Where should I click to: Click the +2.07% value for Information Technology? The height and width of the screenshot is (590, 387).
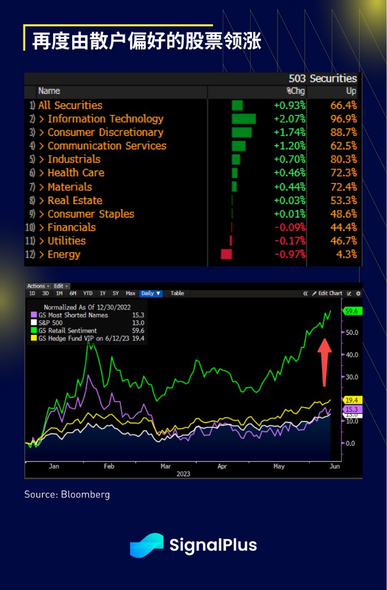(289, 119)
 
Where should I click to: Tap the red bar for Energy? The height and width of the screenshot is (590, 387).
(226, 254)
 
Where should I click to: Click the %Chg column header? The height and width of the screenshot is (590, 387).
(296, 91)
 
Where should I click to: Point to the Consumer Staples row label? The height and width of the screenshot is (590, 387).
(91, 214)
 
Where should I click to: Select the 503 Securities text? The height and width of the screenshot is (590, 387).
(323, 79)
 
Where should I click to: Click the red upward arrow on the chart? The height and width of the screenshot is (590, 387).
(324, 362)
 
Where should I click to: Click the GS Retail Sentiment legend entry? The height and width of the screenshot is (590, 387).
(67, 330)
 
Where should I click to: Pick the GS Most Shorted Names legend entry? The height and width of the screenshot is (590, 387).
(72, 315)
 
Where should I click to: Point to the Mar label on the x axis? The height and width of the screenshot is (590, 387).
(165, 466)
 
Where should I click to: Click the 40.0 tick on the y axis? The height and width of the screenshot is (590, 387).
(352, 354)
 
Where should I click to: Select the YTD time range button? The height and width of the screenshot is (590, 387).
(88, 293)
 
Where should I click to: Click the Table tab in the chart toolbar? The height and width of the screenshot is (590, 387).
(177, 293)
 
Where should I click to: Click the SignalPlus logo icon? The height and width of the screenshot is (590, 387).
(147, 545)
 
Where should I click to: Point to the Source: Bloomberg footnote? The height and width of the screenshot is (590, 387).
(67, 494)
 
